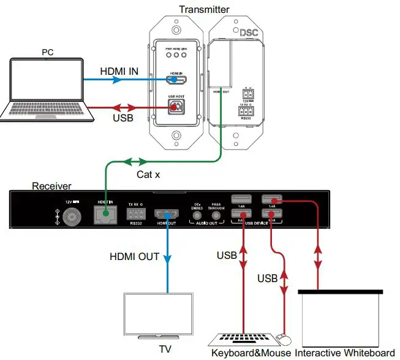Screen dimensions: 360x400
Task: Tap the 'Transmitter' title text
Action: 204,9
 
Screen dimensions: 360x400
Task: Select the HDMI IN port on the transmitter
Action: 178,80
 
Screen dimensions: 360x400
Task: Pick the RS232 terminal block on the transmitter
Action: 248,112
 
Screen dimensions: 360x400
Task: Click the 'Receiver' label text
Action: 51,186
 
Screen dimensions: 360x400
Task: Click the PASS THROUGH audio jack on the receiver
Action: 216,214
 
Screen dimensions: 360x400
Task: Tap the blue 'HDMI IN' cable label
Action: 119,72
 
